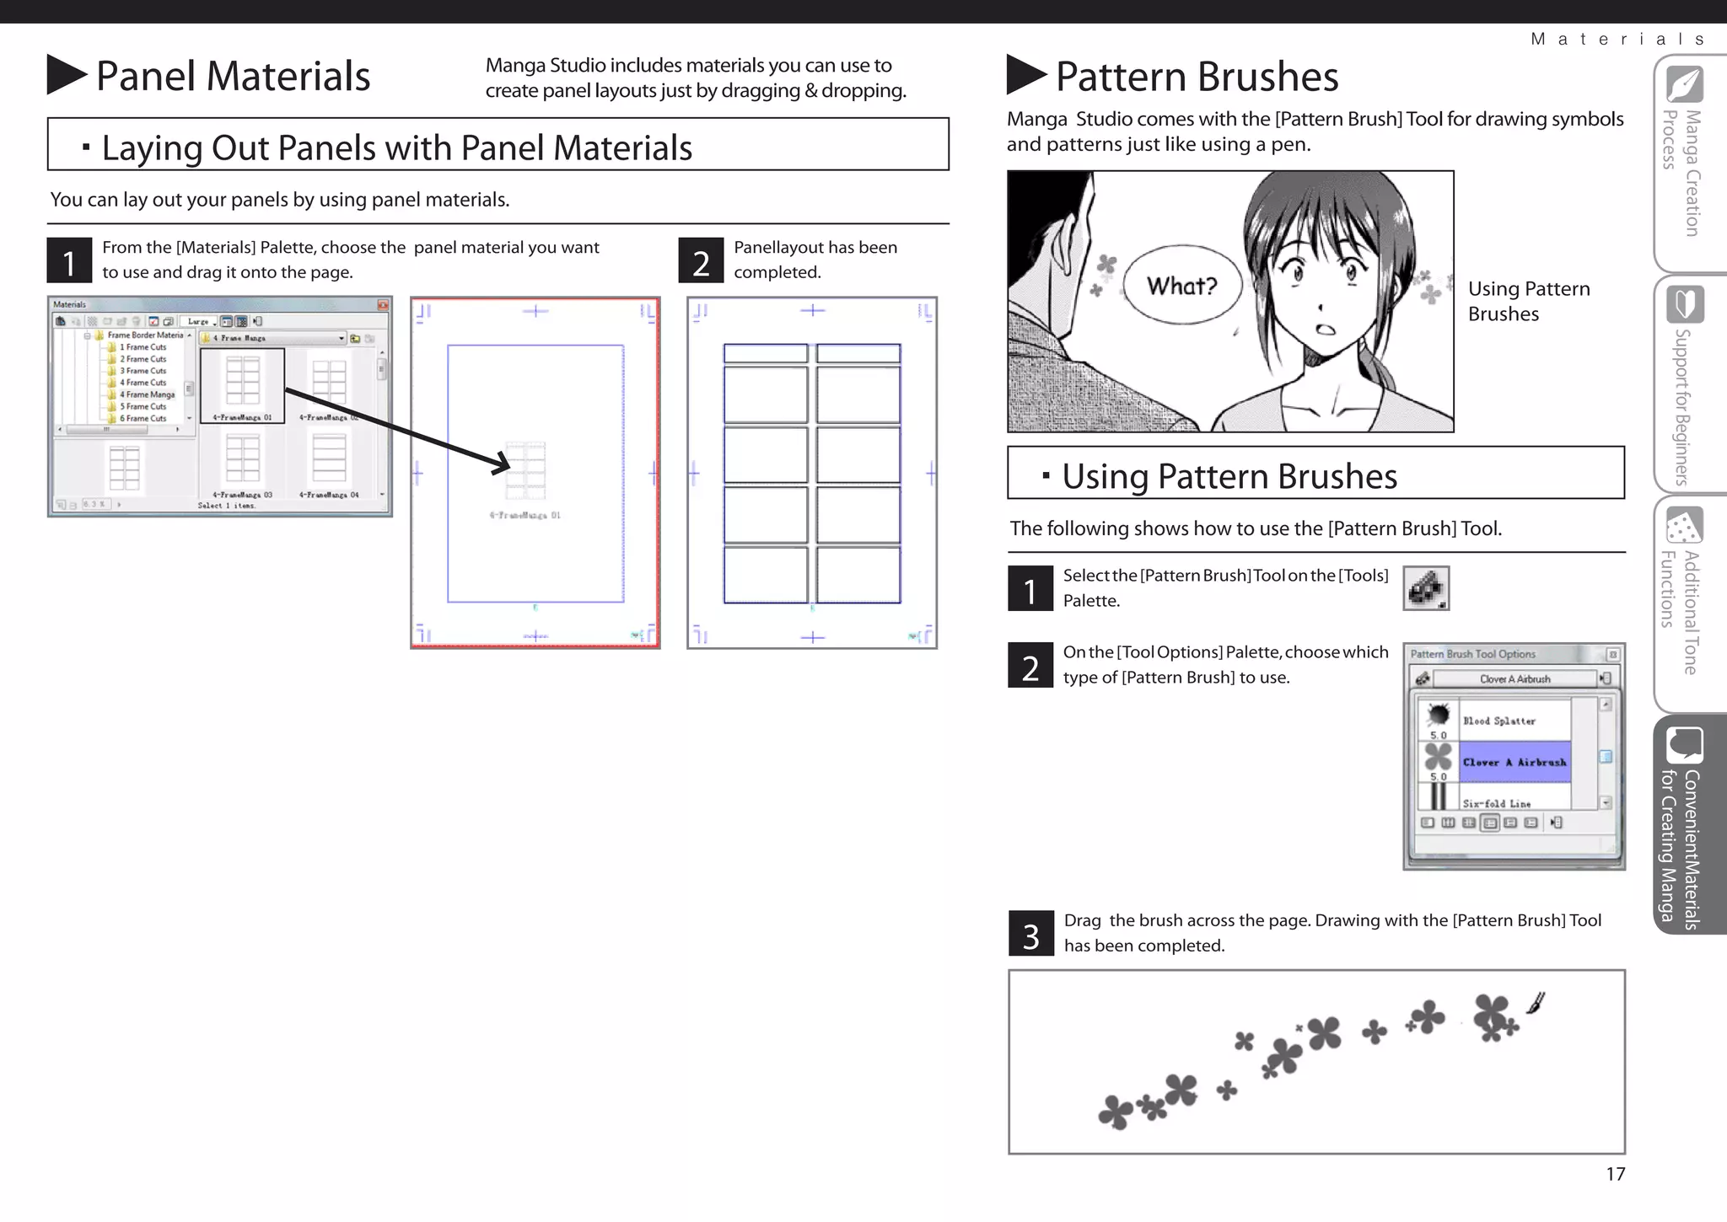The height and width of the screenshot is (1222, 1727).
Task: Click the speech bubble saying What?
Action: pyautogui.click(x=1182, y=287)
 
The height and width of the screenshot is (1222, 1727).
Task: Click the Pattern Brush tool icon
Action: pyautogui.click(x=1426, y=588)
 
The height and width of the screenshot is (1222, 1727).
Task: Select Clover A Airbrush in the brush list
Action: pyautogui.click(x=1514, y=762)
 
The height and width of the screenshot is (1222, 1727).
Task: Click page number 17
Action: pyautogui.click(x=1615, y=1174)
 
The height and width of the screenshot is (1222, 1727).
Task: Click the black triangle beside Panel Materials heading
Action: pyautogui.click(x=65, y=75)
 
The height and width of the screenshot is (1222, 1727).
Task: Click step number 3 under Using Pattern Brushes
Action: pyautogui.click(x=1030, y=934)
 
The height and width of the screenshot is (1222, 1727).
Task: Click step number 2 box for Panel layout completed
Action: pyautogui.click(x=701, y=260)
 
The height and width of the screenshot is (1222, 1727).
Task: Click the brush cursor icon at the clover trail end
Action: pyautogui.click(x=1536, y=1003)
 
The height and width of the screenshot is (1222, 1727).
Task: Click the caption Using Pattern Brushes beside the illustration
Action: pyautogui.click(x=1527, y=301)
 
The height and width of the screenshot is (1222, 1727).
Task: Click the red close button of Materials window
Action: pyautogui.click(x=383, y=304)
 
